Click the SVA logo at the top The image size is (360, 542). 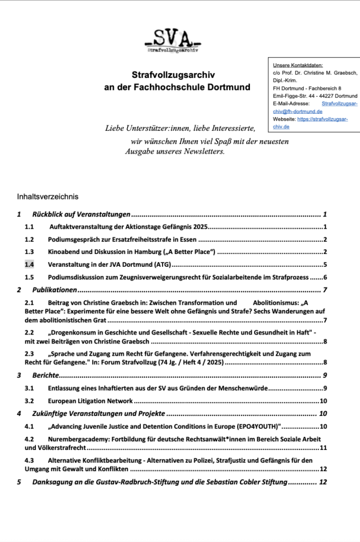click(173, 40)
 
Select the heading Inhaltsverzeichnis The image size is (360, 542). click(48, 196)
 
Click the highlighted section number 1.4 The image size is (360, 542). click(29, 264)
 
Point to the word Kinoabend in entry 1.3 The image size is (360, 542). click(66, 252)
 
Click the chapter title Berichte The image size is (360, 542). click(45, 376)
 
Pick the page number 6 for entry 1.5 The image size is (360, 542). click(325, 277)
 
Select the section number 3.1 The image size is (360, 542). click(29, 389)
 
